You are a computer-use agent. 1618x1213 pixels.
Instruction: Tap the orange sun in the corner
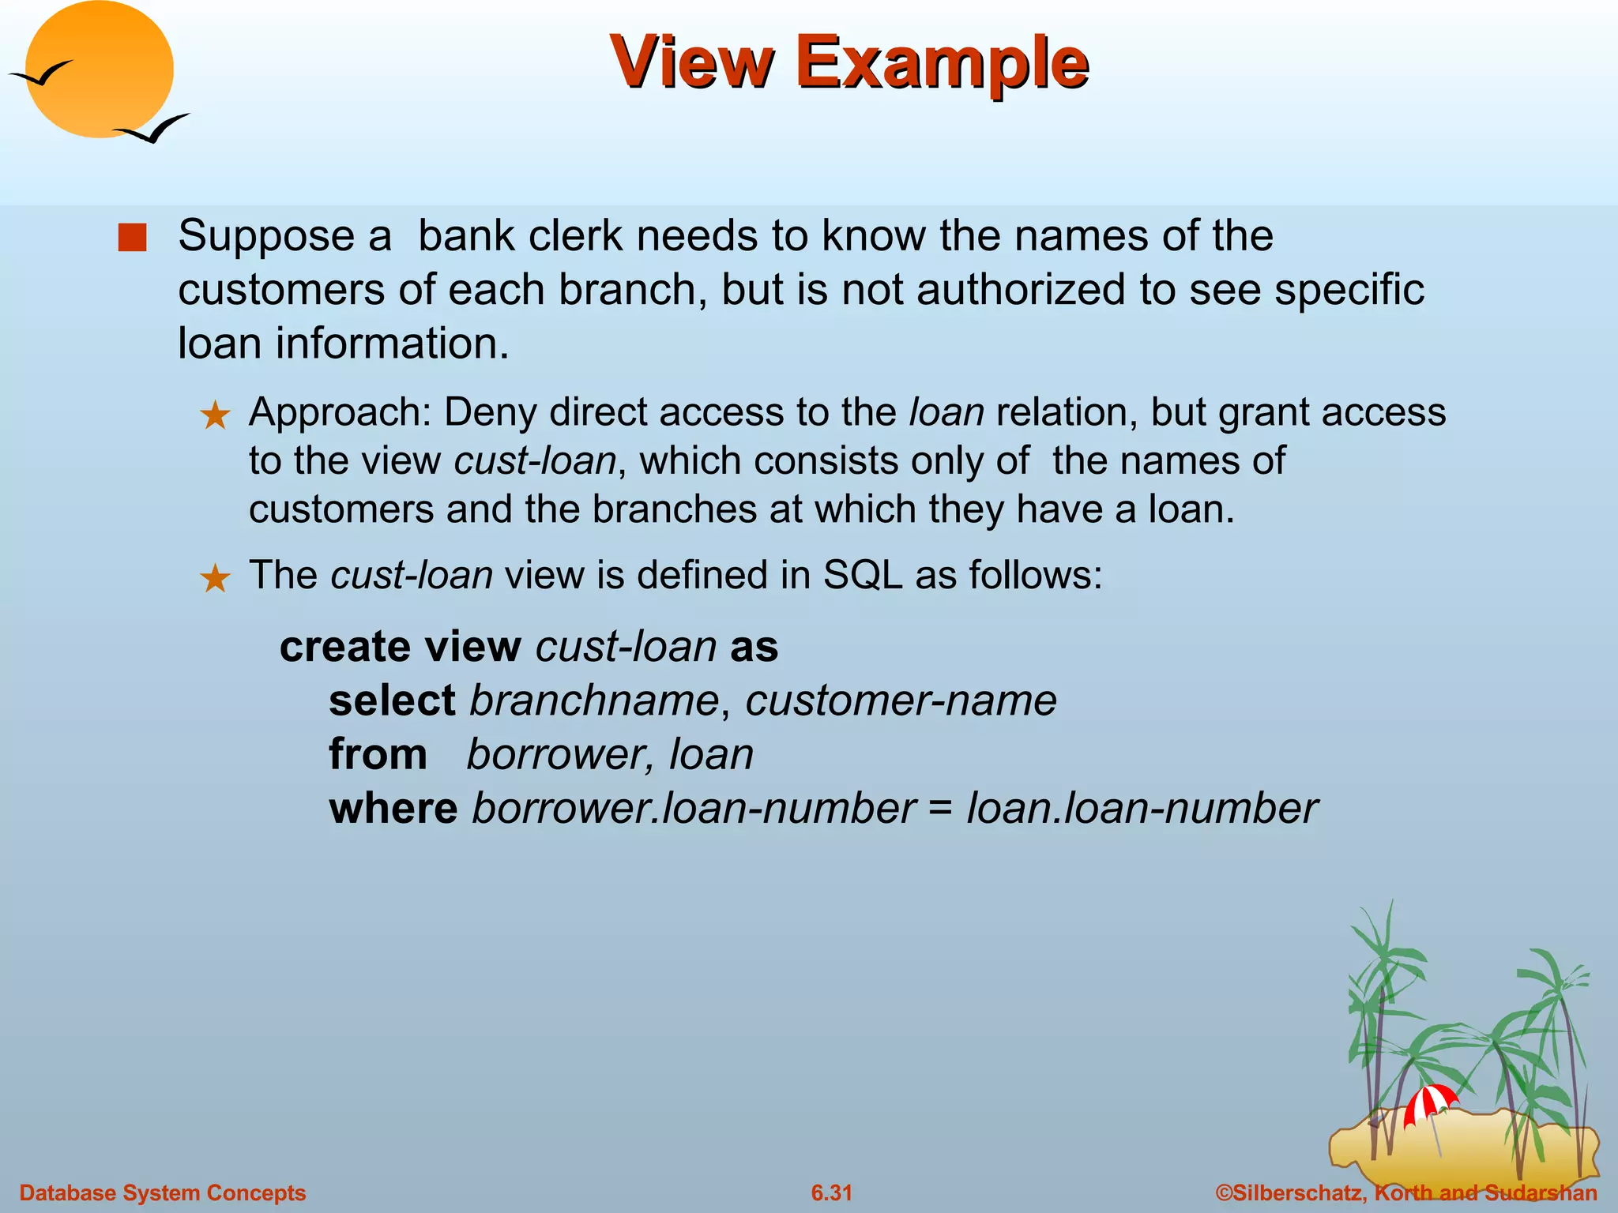coord(99,69)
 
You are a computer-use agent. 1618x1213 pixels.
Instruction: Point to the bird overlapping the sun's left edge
coord(41,73)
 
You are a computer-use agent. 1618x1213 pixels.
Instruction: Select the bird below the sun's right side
coord(153,128)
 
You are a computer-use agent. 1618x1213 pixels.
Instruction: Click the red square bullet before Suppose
coord(133,238)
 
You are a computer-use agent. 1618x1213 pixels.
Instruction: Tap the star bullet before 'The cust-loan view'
coord(215,579)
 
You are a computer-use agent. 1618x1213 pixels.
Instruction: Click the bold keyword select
coord(392,700)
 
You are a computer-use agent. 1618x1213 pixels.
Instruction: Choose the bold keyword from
coord(378,754)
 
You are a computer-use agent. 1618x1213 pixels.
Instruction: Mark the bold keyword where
coord(393,808)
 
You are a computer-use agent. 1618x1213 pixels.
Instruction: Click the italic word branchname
coord(594,700)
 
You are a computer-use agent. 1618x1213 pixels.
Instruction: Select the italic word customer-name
coord(901,700)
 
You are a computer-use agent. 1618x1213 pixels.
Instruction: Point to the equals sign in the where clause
coord(941,809)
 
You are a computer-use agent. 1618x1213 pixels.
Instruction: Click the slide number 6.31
coord(832,1192)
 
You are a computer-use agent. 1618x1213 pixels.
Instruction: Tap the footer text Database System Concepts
coord(163,1192)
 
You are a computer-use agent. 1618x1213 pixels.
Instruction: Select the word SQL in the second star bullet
coord(863,575)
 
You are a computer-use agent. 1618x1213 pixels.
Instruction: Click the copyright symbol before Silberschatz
coord(1224,1192)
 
